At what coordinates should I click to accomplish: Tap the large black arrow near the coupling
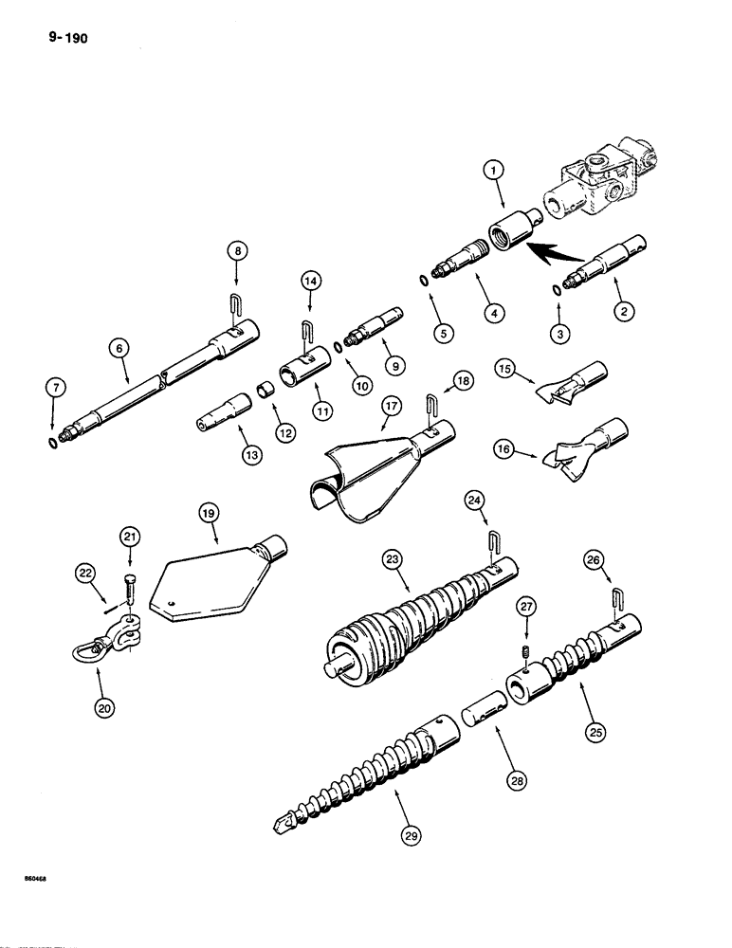(555, 254)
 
